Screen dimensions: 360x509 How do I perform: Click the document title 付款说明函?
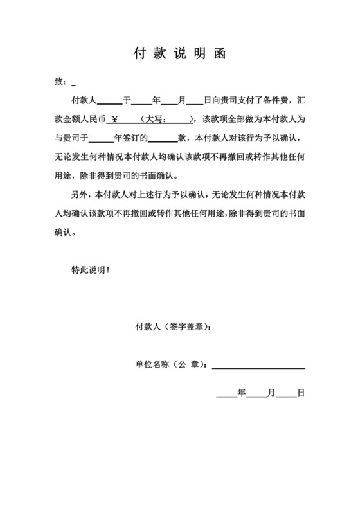pyautogui.click(x=179, y=53)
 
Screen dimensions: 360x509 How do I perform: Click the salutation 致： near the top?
pyautogui.click(x=62, y=82)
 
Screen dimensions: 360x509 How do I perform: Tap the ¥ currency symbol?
pyautogui.click(x=116, y=120)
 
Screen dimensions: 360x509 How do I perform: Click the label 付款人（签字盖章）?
pyautogui.click(x=172, y=327)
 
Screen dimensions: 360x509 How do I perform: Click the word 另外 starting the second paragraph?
pyautogui.click(x=79, y=195)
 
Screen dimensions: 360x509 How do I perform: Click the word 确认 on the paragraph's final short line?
pyautogui.click(x=65, y=232)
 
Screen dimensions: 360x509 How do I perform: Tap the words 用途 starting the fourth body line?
pyautogui.click(x=65, y=175)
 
